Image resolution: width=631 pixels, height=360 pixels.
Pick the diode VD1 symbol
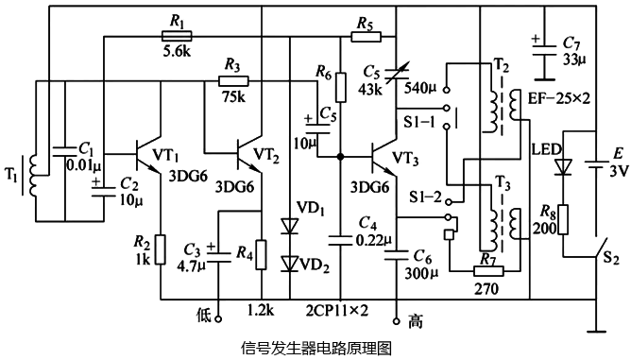click(x=287, y=227)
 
